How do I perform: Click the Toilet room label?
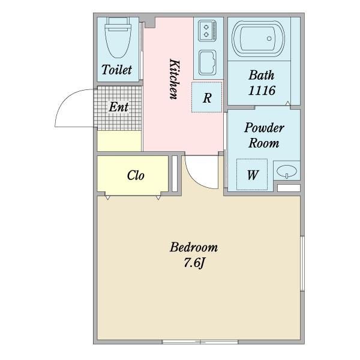[116, 70]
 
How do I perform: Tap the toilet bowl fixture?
[118, 38]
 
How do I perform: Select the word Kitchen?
[174, 79]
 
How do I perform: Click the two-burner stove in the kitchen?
[207, 31]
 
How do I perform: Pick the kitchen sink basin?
[208, 62]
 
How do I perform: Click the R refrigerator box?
[206, 97]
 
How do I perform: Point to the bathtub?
[258, 38]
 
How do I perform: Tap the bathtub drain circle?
[269, 38]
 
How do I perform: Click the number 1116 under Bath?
[262, 91]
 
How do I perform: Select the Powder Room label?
[264, 135]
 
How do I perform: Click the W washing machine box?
[252, 175]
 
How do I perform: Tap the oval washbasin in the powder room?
[287, 171]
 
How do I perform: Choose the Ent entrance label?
[118, 107]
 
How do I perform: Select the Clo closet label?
[136, 175]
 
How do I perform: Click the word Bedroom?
[194, 247]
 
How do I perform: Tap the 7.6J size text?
[194, 262]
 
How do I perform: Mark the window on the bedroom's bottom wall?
[200, 342]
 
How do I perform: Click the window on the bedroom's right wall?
[302, 263]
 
